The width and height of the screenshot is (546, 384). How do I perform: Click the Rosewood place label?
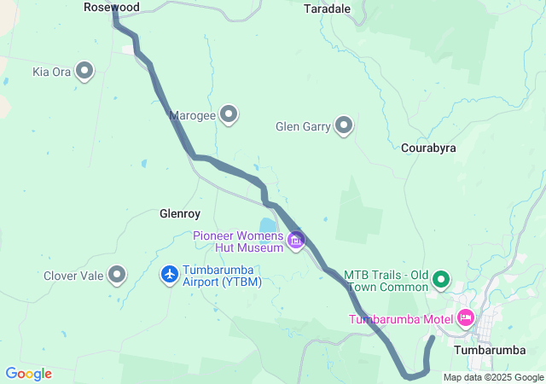[112, 7]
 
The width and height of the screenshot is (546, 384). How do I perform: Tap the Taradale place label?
[328, 9]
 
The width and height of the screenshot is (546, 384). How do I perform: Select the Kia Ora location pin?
[85, 72]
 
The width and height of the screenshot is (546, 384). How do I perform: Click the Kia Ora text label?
[51, 73]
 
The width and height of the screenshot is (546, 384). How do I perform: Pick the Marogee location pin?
[229, 113]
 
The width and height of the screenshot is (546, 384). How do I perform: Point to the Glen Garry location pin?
[344, 126]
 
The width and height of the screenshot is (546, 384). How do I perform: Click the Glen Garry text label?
[303, 127]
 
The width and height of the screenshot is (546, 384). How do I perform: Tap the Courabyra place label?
[428, 148]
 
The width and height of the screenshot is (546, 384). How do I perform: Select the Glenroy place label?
[179, 213]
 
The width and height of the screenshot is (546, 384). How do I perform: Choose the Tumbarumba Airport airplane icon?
[170, 275]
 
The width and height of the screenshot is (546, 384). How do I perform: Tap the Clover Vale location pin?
[117, 275]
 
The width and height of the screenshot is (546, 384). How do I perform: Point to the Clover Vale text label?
[73, 276]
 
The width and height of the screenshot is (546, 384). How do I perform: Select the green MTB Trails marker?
[441, 278]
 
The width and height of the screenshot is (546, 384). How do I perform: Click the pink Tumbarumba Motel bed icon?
[465, 318]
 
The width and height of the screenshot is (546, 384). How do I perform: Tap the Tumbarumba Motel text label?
[399, 320]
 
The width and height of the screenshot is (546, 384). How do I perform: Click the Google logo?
[28, 374]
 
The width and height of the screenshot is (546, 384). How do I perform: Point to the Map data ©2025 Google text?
[493, 377]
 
